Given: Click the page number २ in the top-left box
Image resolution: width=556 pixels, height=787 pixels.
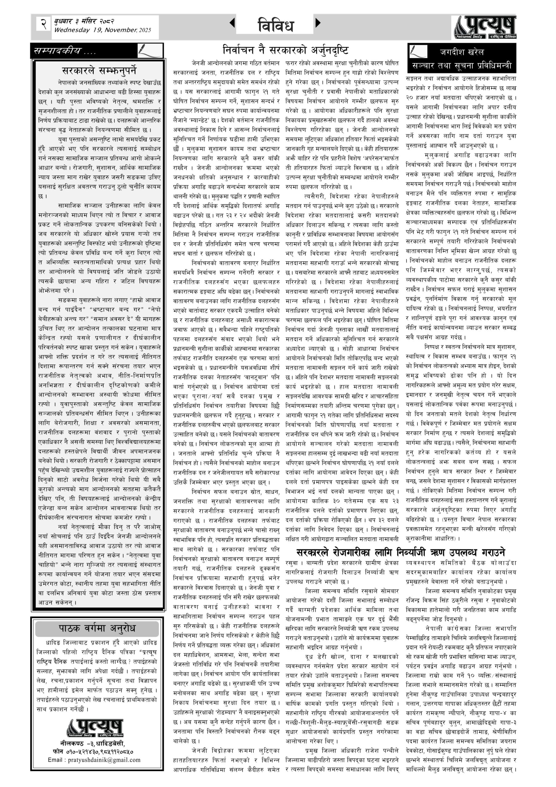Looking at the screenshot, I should coord(44,24).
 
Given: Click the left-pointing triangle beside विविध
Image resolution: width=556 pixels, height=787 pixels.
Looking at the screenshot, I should coord(232,23).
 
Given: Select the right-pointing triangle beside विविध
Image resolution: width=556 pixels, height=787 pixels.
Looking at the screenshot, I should coord(318,23).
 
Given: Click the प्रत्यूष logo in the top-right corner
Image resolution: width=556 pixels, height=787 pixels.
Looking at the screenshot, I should coord(485,27).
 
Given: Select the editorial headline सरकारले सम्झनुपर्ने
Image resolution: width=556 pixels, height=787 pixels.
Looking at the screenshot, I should coord(99,71).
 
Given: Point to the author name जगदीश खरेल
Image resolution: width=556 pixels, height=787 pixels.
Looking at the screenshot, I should coord(462,52).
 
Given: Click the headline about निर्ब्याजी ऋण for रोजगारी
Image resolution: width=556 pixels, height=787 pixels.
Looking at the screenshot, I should coord(401,552).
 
